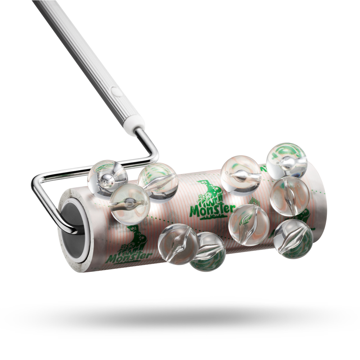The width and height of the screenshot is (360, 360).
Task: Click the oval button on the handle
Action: click(117, 91)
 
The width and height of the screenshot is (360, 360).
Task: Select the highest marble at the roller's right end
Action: click(287, 161)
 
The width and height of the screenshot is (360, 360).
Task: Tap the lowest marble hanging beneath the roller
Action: click(207, 252)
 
